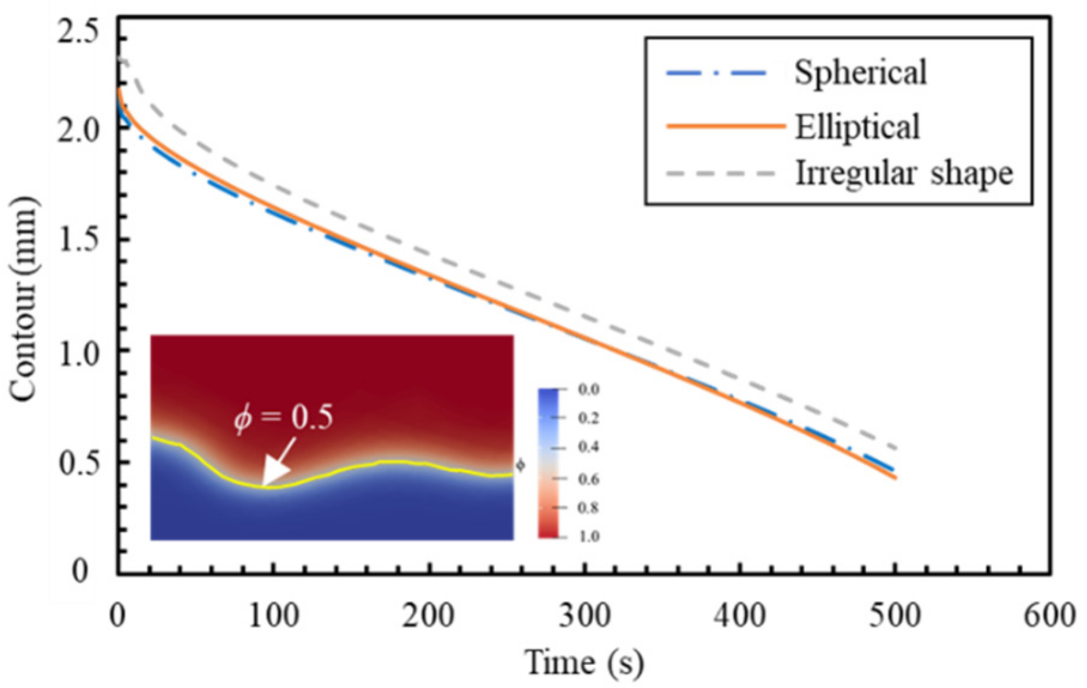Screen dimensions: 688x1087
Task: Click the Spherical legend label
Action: pos(860,72)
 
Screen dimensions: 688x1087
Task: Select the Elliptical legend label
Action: pos(857,127)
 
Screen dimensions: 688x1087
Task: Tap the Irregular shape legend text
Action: pos(904,172)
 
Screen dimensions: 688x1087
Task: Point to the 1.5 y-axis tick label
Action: pos(78,240)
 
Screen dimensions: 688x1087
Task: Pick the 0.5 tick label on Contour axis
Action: pos(78,462)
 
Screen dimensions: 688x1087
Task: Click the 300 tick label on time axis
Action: pos(584,616)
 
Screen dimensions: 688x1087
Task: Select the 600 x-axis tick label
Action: pos(1049,616)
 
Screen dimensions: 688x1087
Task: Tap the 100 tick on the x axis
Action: pos(273,616)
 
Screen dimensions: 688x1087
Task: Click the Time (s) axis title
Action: pos(584,663)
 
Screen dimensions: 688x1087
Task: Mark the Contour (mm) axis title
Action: pos(24,299)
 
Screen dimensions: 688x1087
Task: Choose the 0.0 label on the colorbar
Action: pos(589,389)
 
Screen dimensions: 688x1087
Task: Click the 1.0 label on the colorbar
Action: pos(589,536)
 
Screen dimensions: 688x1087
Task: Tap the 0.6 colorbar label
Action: pos(589,478)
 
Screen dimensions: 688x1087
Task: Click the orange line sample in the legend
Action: pos(725,127)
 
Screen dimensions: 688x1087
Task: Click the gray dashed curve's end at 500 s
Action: pos(895,449)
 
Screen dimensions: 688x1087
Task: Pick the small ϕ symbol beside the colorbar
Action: pos(520,465)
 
